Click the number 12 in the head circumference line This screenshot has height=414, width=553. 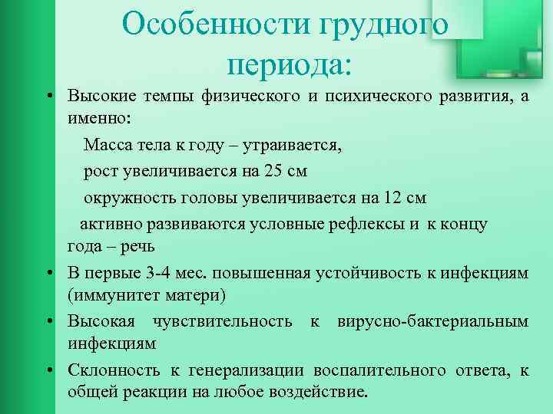coord(392,197)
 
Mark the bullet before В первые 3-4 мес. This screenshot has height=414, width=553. coord(48,273)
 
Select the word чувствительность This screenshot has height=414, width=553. coord(233,320)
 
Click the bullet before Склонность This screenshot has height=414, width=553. coord(48,370)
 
